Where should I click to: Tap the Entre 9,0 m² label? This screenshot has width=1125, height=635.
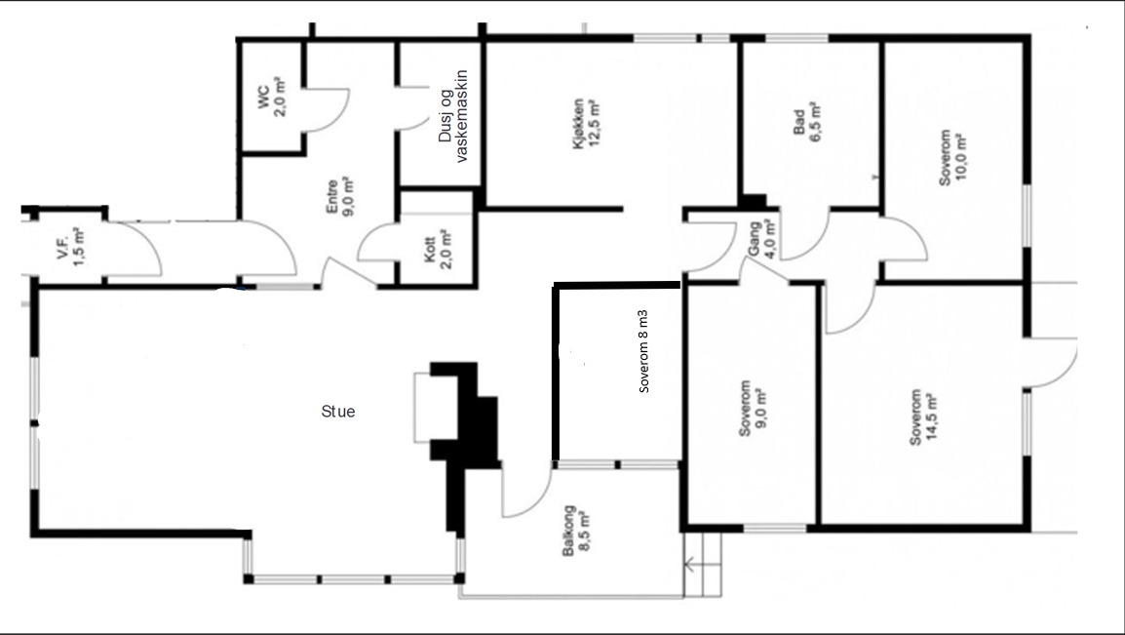pyautogui.click(x=340, y=195)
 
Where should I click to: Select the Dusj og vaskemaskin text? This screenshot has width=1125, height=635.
pyautogui.click(x=452, y=116)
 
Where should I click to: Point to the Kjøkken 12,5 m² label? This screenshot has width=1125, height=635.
pyautogui.click(x=586, y=124)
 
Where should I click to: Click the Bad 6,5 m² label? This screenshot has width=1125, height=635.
pyautogui.click(x=806, y=121)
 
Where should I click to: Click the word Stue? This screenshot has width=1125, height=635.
pyautogui.click(x=338, y=412)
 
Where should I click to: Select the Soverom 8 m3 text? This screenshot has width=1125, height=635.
pyautogui.click(x=643, y=351)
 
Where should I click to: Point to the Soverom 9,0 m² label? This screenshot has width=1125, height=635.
pyautogui.click(x=752, y=409)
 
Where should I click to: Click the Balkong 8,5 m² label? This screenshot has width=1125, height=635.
pyautogui.click(x=575, y=531)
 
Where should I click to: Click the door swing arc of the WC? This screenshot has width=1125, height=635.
pyautogui.click(x=334, y=111)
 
